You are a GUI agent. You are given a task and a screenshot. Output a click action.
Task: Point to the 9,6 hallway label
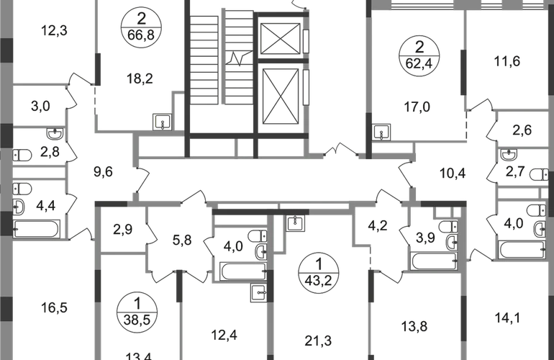(104, 172)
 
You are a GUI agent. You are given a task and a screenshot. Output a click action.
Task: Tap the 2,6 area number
(517, 131)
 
